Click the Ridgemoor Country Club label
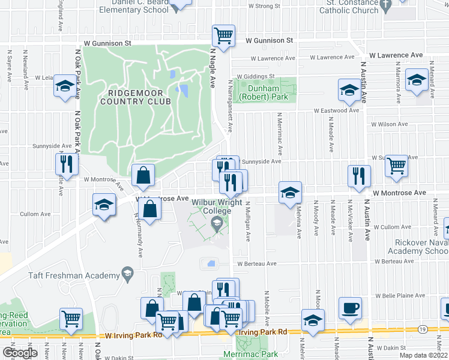pos(140,97)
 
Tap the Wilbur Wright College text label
pos(211,207)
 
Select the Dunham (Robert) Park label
pos(264,92)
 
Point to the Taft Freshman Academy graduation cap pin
pos(127,275)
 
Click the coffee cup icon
pos(349,308)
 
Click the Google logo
pos(19,353)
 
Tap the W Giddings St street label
pos(255,77)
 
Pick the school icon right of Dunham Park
pos(349,91)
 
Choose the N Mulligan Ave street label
pos(247,221)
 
